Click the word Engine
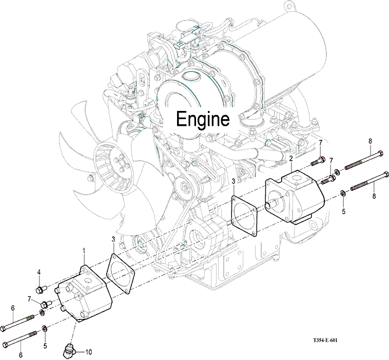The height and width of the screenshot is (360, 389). tap(202, 119)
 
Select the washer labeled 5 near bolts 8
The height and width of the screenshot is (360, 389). tap(342, 194)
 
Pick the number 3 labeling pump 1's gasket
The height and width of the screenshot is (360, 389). tap(113, 239)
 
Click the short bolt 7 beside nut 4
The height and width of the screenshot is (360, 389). tap(45, 305)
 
